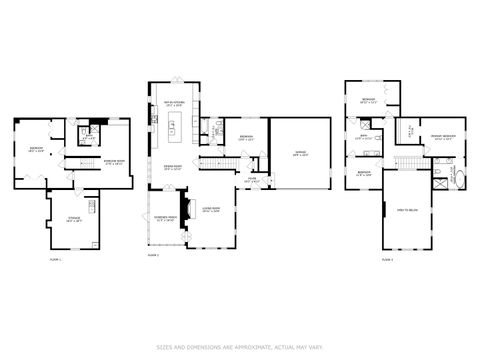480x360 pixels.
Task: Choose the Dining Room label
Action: coord(171,169)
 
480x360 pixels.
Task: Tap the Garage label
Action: coord(300,153)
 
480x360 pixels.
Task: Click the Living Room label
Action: coord(211,210)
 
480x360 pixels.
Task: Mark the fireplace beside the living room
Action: coord(181,229)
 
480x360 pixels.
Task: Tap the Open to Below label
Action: coord(407,210)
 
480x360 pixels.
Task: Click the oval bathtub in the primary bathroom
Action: coord(462,180)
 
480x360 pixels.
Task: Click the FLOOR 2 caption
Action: coord(153,256)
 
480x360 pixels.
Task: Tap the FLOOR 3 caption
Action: coord(386,259)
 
